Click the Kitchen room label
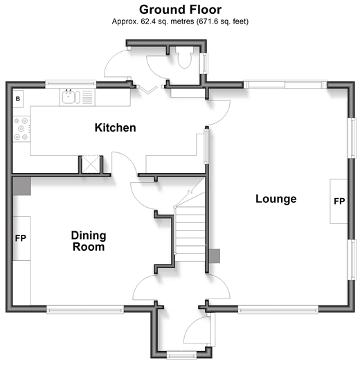115,127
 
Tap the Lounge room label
276,199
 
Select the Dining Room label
89,241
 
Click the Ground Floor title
180,10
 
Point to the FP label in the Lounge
339,202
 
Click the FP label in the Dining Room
21,238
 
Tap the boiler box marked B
18,98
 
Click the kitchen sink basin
69,97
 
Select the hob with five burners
21,129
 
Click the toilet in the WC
184,57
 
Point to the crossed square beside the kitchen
91,164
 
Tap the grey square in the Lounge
215,256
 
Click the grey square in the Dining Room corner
21,186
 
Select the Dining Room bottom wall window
85,310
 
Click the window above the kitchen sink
71,83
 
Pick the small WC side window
204,63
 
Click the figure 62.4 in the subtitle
148,21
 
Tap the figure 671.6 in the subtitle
208,21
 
